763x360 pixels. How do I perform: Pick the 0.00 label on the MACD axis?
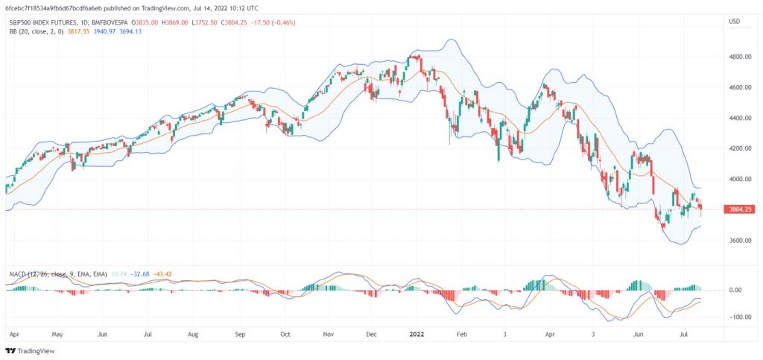pyautogui.click(x=742, y=290)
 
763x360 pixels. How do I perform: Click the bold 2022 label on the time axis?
pyautogui.click(x=417, y=334)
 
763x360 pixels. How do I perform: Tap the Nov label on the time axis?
pyautogui.click(x=329, y=334)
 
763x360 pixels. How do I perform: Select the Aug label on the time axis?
pyautogui.click(x=193, y=334)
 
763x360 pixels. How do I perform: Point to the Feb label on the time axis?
pyautogui.click(x=462, y=334)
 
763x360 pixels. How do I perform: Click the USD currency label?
pyautogui.click(x=734, y=22)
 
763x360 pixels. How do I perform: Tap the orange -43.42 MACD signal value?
pyautogui.click(x=161, y=274)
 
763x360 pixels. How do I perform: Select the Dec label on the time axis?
pyautogui.click(x=372, y=334)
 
